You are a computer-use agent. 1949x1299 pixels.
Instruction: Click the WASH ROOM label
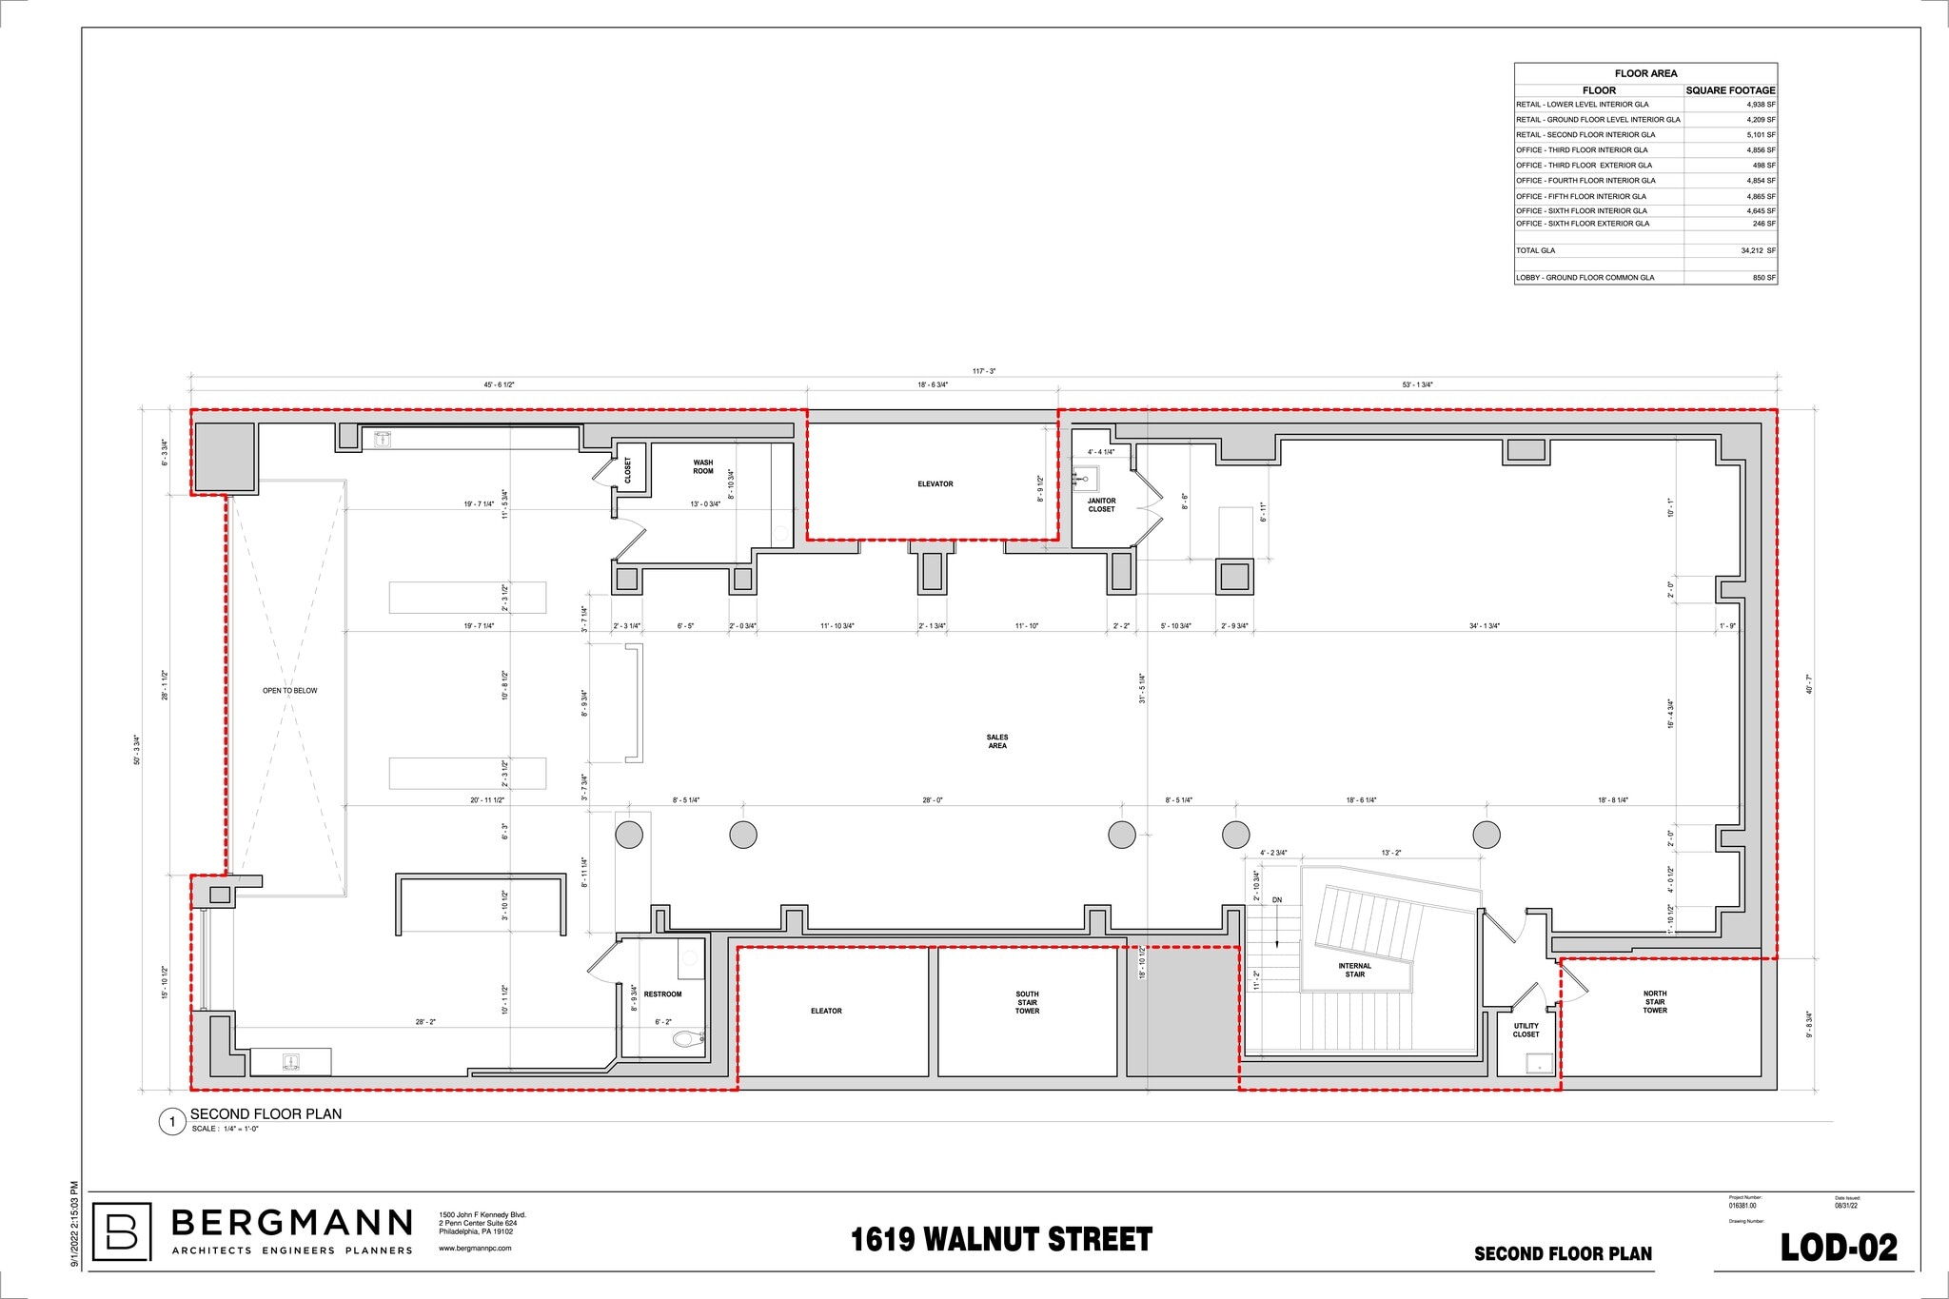[x=702, y=467]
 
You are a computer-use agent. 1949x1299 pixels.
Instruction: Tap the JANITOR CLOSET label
[x=1101, y=505]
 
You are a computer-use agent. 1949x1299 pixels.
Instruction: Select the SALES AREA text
[x=996, y=741]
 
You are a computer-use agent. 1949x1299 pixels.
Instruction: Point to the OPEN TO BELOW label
[x=289, y=691]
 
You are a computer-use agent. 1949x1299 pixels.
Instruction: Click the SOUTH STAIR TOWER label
[x=1027, y=1002]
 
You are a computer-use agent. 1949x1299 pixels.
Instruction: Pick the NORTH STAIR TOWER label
[x=1655, y=1002]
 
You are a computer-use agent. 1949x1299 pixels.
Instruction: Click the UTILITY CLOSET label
[x=1526, y=1031]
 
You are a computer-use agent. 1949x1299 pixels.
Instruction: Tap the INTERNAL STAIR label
[x=1354, y=970]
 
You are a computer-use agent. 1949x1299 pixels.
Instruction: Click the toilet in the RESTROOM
[x=685, y=1038]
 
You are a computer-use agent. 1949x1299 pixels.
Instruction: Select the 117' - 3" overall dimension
[x=984, y=371]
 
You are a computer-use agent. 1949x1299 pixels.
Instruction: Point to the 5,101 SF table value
[x=1761, y=135]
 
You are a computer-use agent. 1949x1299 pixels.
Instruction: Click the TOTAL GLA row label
[x=1535, y=250]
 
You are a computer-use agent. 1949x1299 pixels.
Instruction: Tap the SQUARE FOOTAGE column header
[x=1730, y=90]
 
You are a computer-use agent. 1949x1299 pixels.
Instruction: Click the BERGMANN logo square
[x=122, y=1231]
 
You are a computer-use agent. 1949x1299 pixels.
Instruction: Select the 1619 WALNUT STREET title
[x=1000, y=1239]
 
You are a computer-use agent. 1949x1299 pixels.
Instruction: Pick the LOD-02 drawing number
[x=1838, y=1248]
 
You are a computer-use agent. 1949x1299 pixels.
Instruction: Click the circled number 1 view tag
[x=172, y=1123]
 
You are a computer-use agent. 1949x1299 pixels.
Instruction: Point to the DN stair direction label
[x=1277, y=900]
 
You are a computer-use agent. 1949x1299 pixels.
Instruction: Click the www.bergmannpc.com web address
[x=475, y=1248]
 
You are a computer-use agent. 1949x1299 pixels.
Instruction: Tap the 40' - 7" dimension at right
[x=1809, y=684]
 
